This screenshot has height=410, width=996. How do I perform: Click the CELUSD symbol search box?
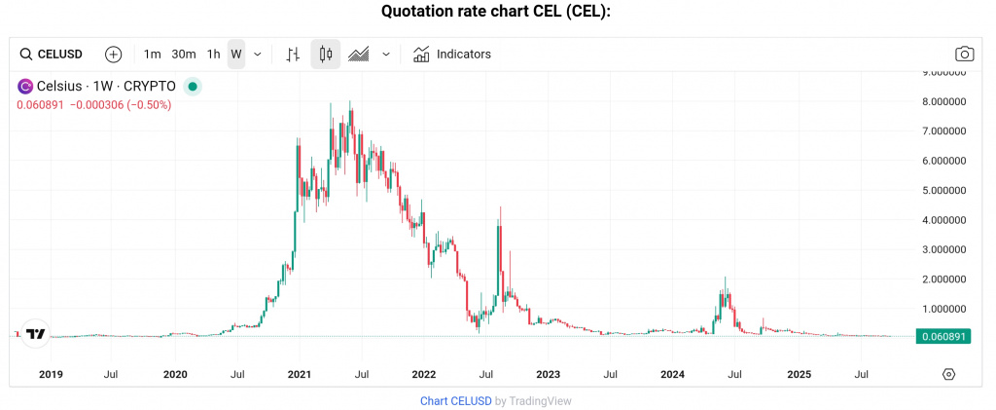coord(52,55)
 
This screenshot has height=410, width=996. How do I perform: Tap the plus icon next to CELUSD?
coord(113,55)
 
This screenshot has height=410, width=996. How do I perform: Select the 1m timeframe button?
coord(152,55)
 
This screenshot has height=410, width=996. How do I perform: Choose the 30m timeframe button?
coord(184,55)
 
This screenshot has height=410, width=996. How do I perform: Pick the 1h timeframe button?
coord(213,55)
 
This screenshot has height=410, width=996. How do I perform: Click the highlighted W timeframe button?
coord(236,55)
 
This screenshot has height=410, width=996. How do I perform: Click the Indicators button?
coord(452,55)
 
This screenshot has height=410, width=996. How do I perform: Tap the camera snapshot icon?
coord(965,55)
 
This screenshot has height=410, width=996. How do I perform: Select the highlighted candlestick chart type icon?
coord(326,55)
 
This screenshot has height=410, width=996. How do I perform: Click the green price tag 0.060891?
coord(942,337)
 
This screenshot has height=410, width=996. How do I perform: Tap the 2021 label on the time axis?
coord(299,374)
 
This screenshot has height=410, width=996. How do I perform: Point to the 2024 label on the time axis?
coord(673,374)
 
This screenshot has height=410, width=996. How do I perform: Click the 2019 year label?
coord(51,374)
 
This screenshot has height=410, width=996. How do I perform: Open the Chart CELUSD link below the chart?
coord(455,400)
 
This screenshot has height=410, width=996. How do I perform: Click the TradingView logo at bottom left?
coord(36,334)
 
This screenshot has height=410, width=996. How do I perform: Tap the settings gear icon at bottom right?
coord(949,374)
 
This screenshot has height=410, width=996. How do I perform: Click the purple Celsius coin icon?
coord(25,87)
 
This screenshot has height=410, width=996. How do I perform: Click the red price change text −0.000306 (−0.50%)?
coord(120,105)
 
